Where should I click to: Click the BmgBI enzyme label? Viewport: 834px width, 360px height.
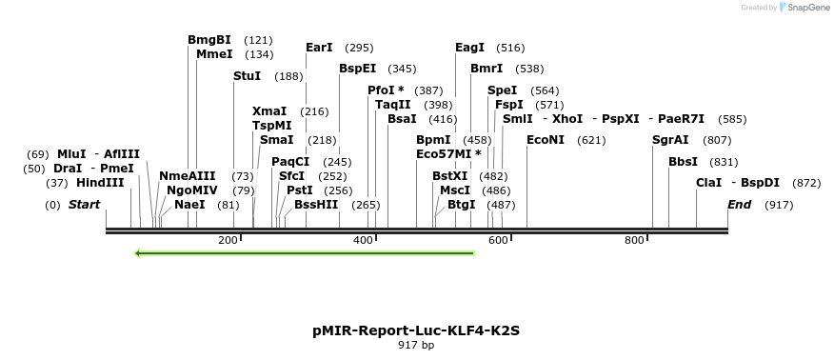(x=209, y=40)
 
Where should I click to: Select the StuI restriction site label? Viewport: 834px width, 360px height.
(x=247, y=76)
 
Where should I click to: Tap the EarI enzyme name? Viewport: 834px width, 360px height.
(x=319, y=48)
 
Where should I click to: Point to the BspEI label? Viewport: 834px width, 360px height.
(x=358, y=69)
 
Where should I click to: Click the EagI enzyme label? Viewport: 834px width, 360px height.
(x=469, y=48)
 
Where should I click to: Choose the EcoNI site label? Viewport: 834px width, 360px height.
(x=546, y=140)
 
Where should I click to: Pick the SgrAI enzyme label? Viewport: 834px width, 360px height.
(x=670, y=140)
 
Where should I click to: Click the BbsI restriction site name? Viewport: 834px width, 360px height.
(x=683, y=162)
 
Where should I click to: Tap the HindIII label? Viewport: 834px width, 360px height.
(x=100, y=183)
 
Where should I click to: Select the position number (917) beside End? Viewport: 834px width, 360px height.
(x=779, y=205)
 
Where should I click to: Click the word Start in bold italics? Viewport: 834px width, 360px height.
(x=84, y=205)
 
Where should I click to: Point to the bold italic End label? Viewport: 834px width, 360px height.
(x=740, y=205)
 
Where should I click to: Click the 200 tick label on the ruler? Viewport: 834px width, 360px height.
(x=228, y=240)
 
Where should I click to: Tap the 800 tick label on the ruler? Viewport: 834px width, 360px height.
(x=635, y=240)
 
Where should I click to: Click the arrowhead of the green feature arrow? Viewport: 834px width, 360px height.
(x=140, y=253)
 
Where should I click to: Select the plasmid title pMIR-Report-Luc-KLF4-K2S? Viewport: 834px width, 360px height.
(x=416, y=330)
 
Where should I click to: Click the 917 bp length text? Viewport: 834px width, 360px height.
(x=416, y=346)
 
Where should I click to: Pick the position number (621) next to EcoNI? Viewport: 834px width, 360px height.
(x=591, y=140)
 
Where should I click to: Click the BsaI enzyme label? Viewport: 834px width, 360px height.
(x=402, y=119)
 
